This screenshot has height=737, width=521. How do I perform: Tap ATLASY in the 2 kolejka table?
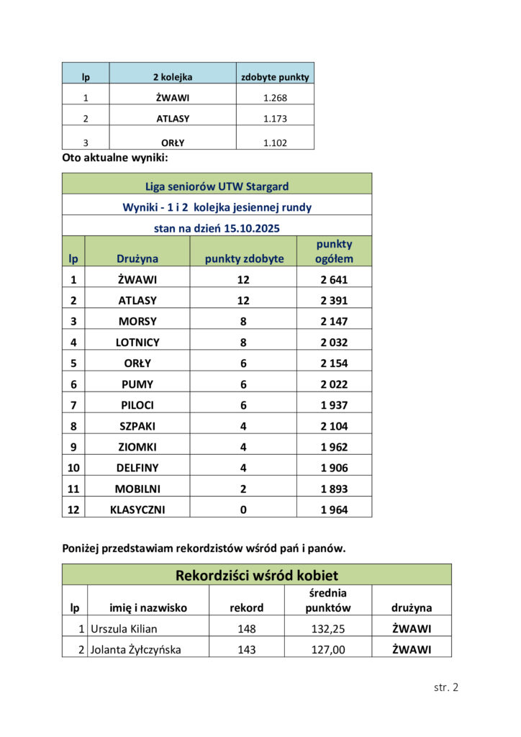pos(173,118)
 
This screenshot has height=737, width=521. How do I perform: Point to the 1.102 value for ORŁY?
pos(275,143)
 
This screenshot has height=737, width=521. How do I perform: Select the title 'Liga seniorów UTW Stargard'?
pos(217,186)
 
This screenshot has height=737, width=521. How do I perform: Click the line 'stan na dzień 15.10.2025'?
pos(217,228)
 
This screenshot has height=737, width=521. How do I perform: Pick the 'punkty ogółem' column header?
pos(334,251)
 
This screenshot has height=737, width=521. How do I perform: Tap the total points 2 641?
pos(334,279)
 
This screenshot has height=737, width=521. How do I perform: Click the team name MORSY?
pos(137,321)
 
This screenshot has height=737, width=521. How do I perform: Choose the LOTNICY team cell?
pos(137,342)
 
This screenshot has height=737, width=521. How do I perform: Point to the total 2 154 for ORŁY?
pos(334,363)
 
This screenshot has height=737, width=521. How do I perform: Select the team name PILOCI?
pos(137,404)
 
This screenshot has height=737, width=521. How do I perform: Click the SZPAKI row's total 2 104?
pos(334,425)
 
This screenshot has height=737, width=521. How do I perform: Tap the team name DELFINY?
pos(137,467)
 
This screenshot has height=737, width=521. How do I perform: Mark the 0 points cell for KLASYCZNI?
pos(243,510)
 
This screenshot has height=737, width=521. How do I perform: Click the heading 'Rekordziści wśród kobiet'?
pos(257,575)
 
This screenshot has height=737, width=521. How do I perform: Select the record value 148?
pos(247,628)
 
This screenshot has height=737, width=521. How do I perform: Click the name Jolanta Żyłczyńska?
pos(136,650)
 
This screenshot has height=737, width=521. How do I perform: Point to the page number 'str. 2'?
pos(445,687)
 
